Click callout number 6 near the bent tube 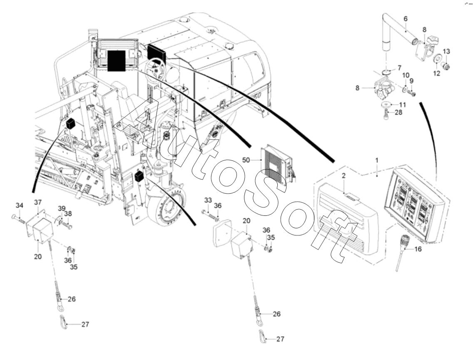point(406,19)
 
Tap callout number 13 point(446,51)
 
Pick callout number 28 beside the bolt point(399,113)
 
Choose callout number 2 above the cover point(344,175)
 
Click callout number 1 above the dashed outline point(377,160)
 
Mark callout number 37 point(38,202)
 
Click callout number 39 point(62,208)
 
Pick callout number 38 point(68,213)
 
